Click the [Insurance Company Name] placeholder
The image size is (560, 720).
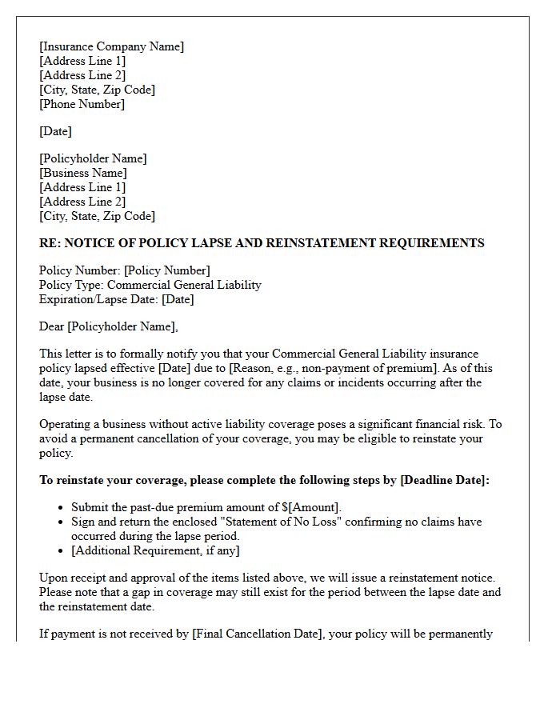click(x=111, y=46)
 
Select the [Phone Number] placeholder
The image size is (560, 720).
click(x=82, y=104)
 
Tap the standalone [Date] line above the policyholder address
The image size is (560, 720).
click(x=55, y=131)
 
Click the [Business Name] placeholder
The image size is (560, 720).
click(x=82, y=173)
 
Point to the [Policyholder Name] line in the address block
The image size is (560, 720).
click(x=93, y=158)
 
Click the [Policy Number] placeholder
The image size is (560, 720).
click(x=166, y=270)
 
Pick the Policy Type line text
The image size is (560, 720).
click(x=150, y=285)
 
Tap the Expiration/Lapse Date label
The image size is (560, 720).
click(x=98, y=299)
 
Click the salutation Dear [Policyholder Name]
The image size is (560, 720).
click(x=109, y=326)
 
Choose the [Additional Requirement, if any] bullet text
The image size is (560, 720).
click(x=155, y=550)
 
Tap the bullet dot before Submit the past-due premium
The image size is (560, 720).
click(x=62, y=508)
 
